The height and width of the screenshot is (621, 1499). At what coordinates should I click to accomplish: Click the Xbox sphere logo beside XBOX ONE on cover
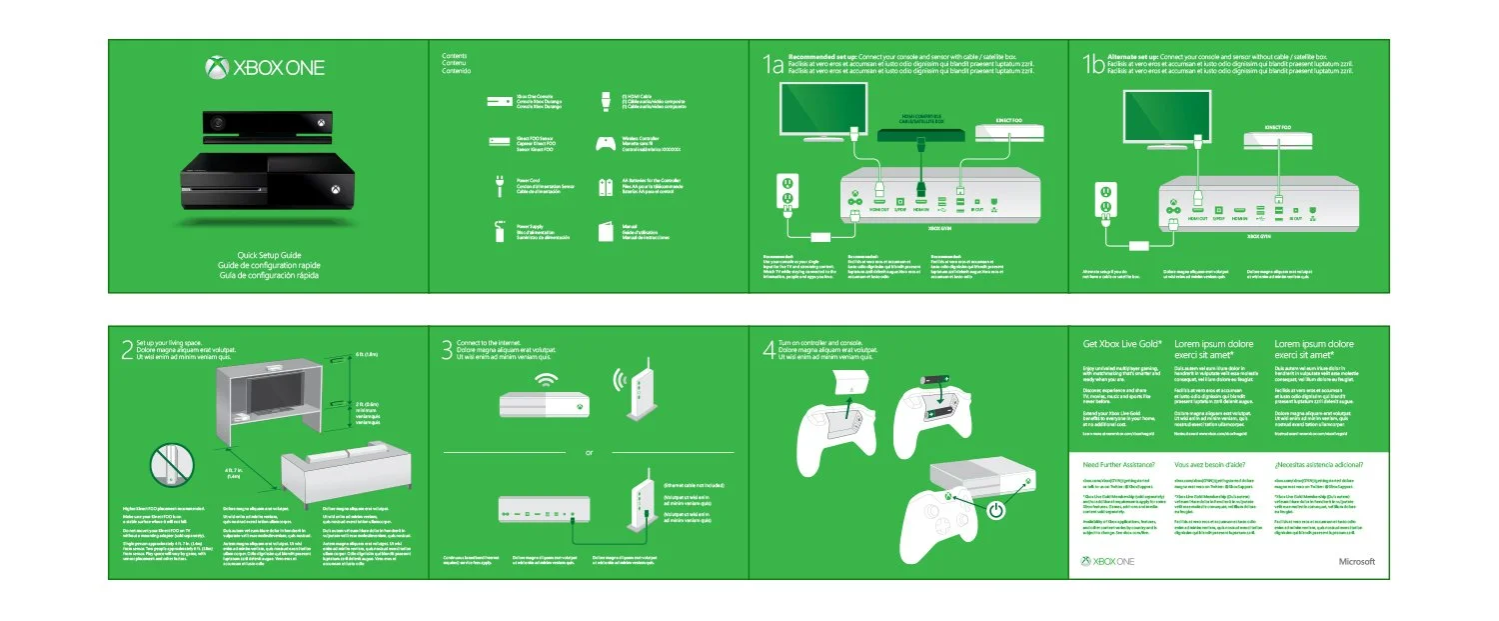(217, 69)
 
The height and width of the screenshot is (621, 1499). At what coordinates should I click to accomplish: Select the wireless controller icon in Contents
(605, 143)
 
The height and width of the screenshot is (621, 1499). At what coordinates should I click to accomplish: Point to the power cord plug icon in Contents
(497, 184)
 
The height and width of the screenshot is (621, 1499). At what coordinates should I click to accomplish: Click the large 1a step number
(771, 67)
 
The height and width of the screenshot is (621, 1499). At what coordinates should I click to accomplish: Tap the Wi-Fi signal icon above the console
(546, 381)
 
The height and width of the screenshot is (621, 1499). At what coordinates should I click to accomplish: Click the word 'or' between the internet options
(589, 452)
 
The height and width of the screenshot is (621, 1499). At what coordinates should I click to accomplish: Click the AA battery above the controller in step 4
(936, 382)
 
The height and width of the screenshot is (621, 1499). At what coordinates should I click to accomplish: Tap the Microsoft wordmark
(1356, 562)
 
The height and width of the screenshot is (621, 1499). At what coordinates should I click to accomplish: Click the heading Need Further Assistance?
(1119, 466)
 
